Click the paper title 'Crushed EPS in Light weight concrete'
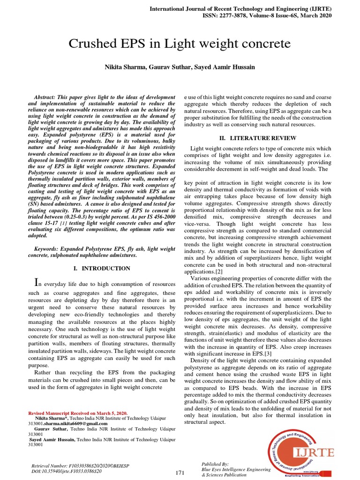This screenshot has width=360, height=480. pyautogui.click(x=180, y=44)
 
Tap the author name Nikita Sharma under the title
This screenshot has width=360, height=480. pyautogui.click(x=125, y=67)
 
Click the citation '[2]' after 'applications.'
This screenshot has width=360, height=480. pyautogui.click(x=219, y=271)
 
